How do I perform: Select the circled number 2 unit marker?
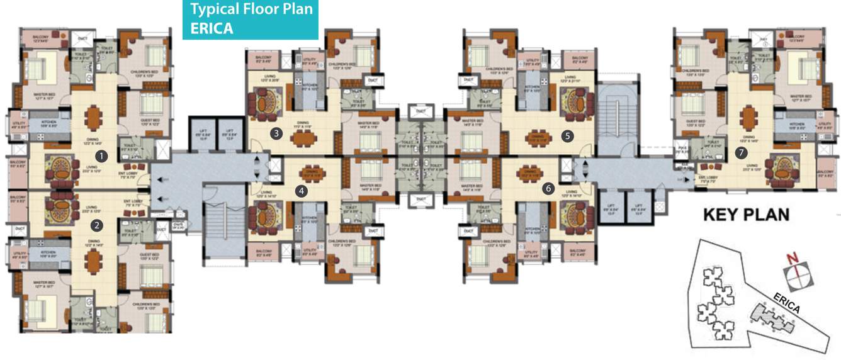[96, 224]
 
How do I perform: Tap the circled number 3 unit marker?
[276, 133]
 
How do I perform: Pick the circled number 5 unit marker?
[568, 134]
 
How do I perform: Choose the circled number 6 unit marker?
[549, 188]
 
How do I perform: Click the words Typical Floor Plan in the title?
[251, 9]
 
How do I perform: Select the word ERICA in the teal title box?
[212, 28]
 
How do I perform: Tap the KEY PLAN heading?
[745, 215]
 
